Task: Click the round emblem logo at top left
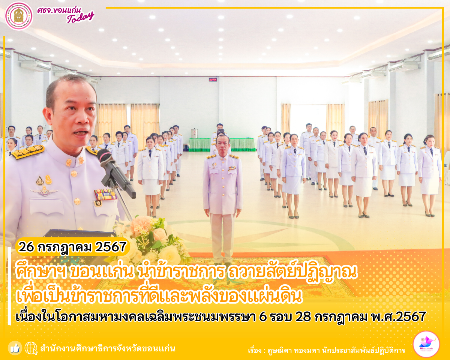pyautogui.click(x=19, y=16)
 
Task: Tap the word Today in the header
pyautogui.click(x=80, y=18)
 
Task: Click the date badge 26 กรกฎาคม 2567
pyautogui.click(x=72, y=247)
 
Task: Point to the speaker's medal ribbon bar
pyautogui.click(x=106, y=195)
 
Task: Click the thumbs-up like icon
pyautogui.click(x=15, y=348)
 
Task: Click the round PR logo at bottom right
pyautogui.click(x=426, y=344)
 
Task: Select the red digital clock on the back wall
pyautogui.click(x=213, y=79)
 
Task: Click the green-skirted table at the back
pyautogui.click(x=222, y=144)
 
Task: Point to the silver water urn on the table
pyautogui.click(x=194, y=133)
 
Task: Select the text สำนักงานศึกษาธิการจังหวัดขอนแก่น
pyautogui.click(x=108, y=349)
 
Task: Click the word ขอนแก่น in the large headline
pyautogui.click(x=102, y=272)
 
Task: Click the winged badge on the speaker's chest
pyautogui.click(x=45, y=191)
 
